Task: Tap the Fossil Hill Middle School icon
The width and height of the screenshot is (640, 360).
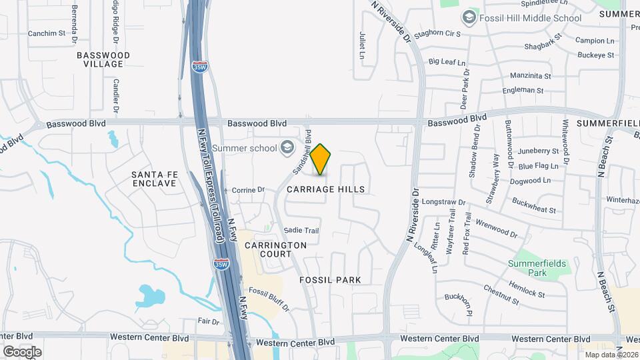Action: click(x=469, y=17)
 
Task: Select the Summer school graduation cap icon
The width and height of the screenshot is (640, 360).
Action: click(x=287, y=147)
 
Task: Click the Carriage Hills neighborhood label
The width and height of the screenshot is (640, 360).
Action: click(x=326, y=189)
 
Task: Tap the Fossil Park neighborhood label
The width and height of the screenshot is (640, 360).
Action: click(x=330, y=280)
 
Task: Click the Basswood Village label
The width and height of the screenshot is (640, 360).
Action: click(x=103, y=59)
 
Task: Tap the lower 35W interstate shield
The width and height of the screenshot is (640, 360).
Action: click(x=221, y=265)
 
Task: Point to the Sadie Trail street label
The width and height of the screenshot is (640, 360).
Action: click(x=302, y=231)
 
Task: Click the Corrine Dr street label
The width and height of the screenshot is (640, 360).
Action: click(x=248, y=190)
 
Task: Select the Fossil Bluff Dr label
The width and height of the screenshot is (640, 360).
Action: click(x=269, y=295)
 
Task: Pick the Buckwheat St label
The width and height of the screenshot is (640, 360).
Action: click(x=534, y=205)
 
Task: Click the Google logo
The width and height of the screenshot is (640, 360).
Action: click(x=22, y=351)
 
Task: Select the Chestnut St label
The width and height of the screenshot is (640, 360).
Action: click(x=501, y=295)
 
